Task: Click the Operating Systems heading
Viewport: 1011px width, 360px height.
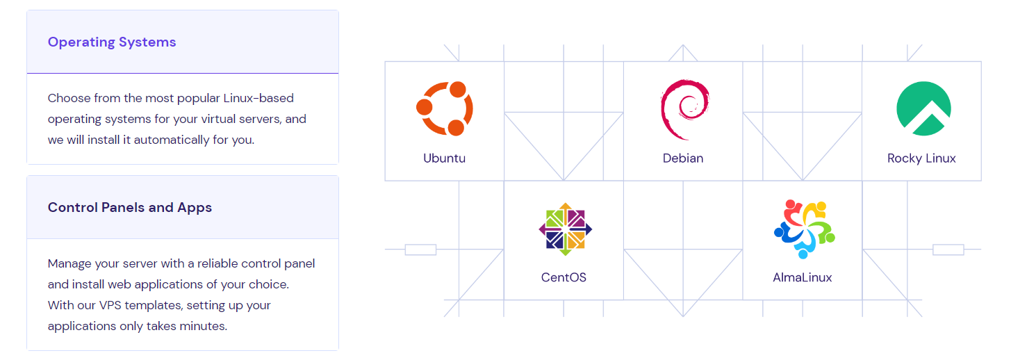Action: (x=112, y=42)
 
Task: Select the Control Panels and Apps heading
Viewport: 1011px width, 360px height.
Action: (x=130, y=208)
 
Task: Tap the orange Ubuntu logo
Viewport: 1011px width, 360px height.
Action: (x=445, y=108)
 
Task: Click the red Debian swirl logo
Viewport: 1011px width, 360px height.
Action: (x=684, y=108)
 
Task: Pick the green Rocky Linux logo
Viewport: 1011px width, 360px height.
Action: (x=923, y=108)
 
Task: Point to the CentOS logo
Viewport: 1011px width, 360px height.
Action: (x=564, y=228)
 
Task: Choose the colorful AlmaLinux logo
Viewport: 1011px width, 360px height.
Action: (x=803, y=228)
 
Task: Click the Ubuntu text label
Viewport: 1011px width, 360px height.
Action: (x=445, y=158)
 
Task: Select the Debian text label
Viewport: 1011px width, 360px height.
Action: (x=683, y=158)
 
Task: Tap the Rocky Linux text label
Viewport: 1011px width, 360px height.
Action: (x=921, y=158)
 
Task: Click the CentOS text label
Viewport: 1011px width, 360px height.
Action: (x=564, y=278)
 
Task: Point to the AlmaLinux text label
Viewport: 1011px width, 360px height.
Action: (x=803, y=278)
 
